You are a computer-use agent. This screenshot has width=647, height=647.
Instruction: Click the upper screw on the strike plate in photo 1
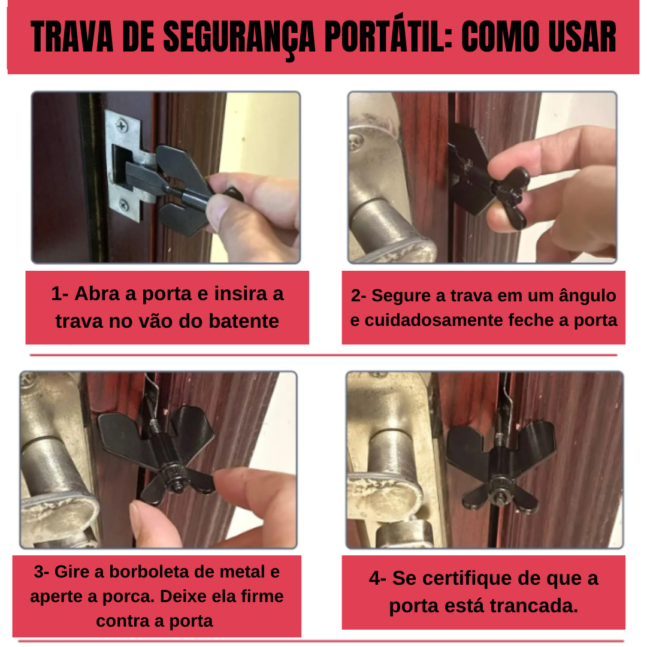pos(122,127)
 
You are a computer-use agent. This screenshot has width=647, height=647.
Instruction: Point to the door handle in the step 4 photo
pos(389,473)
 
